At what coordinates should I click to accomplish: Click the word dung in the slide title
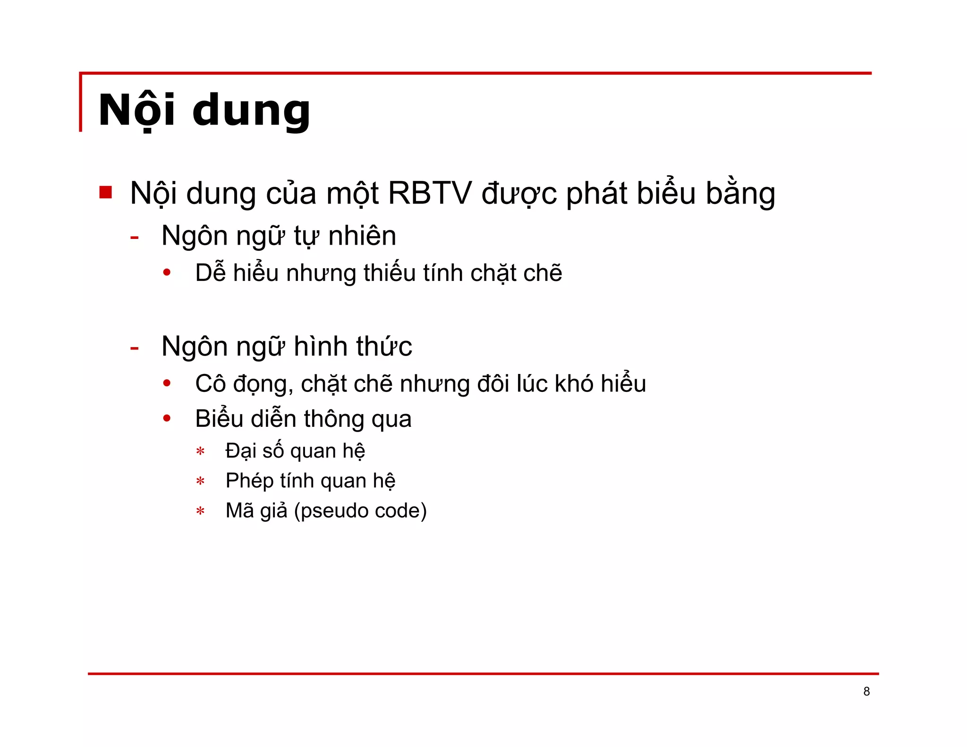point(251,111)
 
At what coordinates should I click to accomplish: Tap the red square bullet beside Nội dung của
point(106,192)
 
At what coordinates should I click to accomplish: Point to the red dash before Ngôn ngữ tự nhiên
point(135,238)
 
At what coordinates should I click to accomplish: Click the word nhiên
point(362,236)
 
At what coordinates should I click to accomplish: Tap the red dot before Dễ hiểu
point(167,272)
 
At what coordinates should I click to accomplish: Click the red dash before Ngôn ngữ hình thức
point(135,348)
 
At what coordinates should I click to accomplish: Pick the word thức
point(384,346)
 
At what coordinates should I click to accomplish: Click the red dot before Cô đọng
point(167,383)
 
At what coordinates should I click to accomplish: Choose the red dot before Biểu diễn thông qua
point(167,418)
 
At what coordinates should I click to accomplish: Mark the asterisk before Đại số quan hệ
point(201,452)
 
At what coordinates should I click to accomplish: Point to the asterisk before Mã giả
point(201,511)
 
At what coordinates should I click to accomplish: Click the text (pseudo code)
point(360,511)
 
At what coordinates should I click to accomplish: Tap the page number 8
point(866,691)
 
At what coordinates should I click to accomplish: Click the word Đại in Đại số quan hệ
point(241,451)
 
